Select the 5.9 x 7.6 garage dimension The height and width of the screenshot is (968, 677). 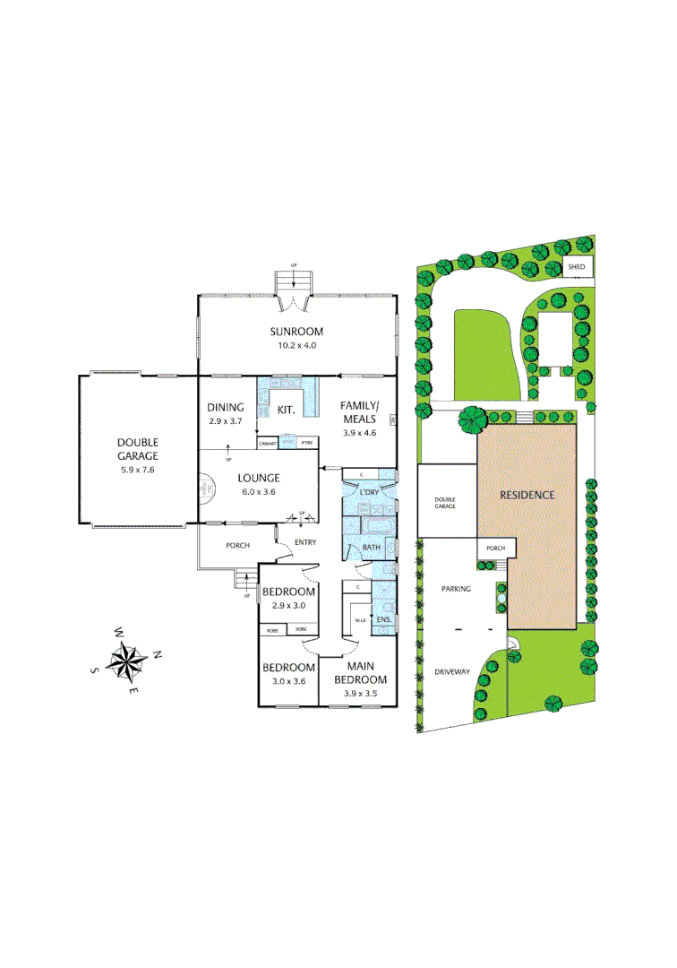click(x=137, y=470)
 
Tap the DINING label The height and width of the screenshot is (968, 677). click(x=225, y=407)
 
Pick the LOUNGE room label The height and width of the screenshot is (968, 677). click(x=260, y=478)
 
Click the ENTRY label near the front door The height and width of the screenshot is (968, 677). click(x=305, y=542)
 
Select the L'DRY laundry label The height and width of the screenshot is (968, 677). click(x=370, y=492)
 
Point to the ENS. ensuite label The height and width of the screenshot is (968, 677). click(x=383, y=619)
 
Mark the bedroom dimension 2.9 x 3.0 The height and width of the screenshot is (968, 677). click(x=288, y=605)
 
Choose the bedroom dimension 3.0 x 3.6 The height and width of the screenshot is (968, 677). click(x=288, y=680)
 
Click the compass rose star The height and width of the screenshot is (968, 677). click(x=127, y=663)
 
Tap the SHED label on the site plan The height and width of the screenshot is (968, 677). click(x=578, y=267)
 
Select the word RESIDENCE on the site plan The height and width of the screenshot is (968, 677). click(x=527, y=495)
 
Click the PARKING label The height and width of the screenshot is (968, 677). click(x=456, y=590)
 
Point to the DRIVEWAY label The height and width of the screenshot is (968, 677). click(x=452, y=671)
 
